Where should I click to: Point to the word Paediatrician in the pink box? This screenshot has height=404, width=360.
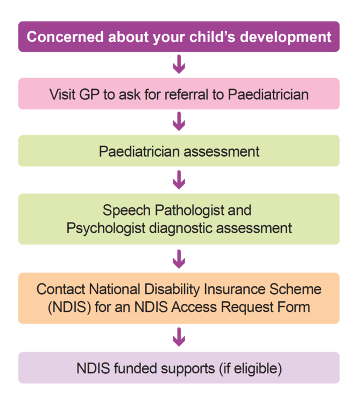click(x=267, y=94)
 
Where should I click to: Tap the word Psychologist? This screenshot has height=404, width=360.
click(x=104, y=228)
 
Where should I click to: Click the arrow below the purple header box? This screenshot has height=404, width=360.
click(x=179, y=65)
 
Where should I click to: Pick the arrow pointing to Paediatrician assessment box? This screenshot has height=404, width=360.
click(x=179, y=122)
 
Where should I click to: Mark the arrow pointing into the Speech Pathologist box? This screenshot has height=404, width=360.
click(x=179, y=179)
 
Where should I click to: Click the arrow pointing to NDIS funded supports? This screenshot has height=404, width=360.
click(x=179, y=338)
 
